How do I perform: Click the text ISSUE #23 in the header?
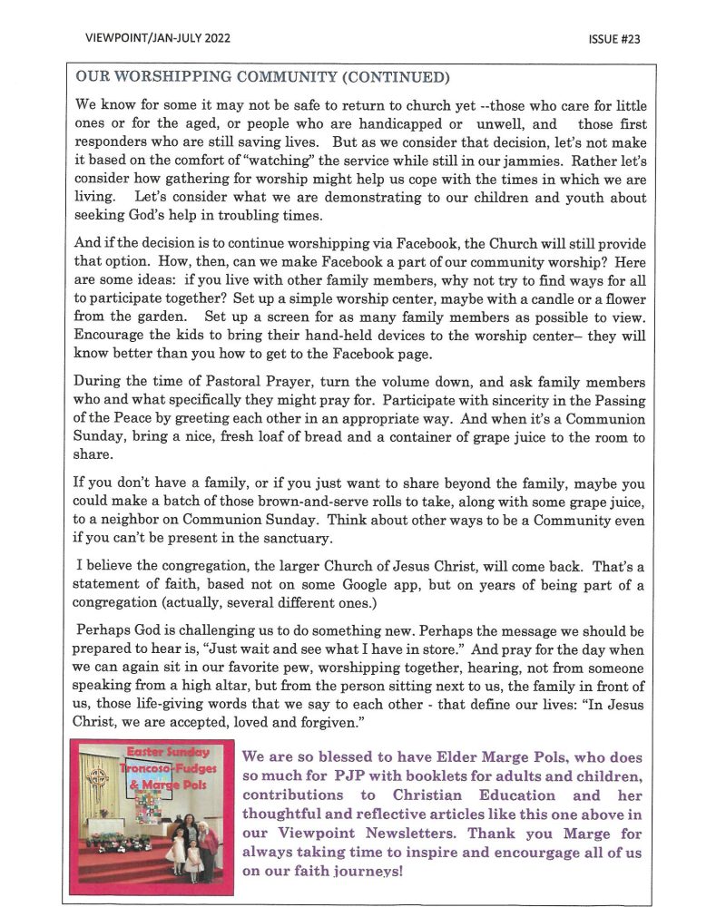[613, 39]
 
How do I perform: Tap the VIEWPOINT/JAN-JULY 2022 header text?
[157, 39]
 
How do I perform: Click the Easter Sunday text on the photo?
[169, 752]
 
